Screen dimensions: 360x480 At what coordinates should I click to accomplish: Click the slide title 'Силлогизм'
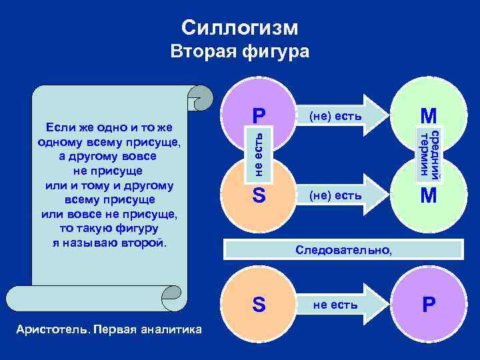[240, 27]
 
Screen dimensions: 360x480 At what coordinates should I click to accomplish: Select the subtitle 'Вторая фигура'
[240, 52]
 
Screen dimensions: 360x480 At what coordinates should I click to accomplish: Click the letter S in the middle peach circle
[259, 196]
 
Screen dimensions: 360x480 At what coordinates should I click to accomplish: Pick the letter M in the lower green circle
[428, 196]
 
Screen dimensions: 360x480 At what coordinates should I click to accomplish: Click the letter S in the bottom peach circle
[259, 305]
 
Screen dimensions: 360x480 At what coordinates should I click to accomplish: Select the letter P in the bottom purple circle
[428, 305]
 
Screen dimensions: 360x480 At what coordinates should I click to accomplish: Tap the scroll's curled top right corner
[199, 97]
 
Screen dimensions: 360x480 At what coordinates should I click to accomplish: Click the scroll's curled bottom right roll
[174, 298]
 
